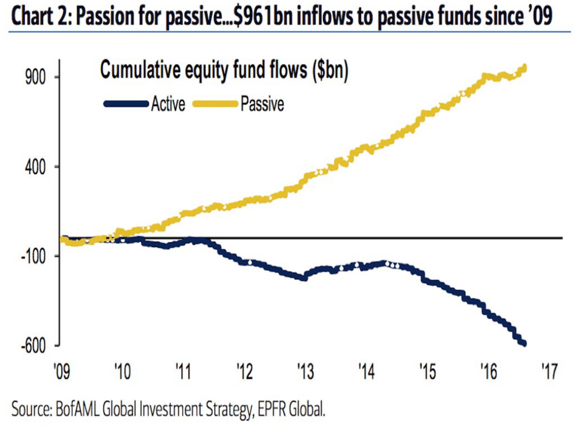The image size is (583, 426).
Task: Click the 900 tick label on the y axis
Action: pos(36,77)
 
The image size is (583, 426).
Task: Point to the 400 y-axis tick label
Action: pos(36,167)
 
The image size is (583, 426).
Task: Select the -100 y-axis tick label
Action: pos(33,256)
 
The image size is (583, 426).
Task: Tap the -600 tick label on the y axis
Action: pos(33,346)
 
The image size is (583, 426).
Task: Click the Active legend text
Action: pos(168,103)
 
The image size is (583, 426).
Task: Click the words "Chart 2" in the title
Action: pos(39,17)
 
